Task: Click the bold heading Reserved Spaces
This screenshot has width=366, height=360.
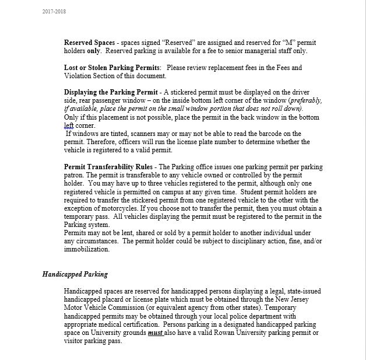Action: click(88, 43)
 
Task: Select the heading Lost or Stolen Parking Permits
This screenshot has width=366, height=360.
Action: click(112, 68)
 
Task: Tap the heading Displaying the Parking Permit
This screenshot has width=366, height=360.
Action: click(110, 92)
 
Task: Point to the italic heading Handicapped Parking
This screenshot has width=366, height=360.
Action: click(75, 274)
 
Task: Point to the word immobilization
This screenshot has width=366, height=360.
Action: click(87, 249)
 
